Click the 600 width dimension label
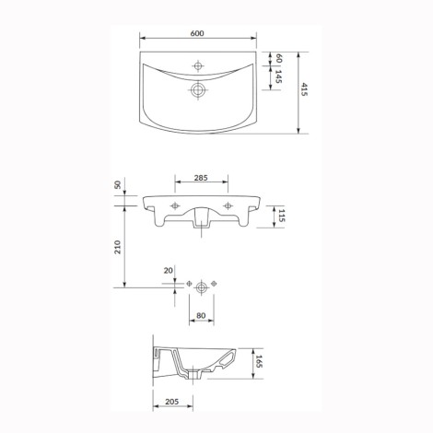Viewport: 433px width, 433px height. tap(197, 33)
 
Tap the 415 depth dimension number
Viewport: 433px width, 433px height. tap(304, 89)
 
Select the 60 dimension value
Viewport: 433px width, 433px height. tap(278, 58)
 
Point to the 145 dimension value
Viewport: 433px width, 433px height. tap(278, 76)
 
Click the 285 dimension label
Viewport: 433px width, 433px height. tap(201, 178)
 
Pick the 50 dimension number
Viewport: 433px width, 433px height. tap(118, 185)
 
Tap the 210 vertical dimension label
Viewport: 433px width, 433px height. tap(118, 247)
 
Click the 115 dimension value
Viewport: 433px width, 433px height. tap(282, 216)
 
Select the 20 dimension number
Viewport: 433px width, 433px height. tap(169, 271)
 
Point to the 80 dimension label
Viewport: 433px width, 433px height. tap(201, 315)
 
